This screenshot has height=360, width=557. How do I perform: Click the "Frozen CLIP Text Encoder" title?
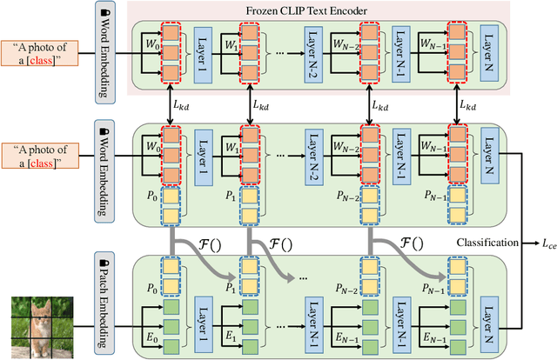pos(319,10)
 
